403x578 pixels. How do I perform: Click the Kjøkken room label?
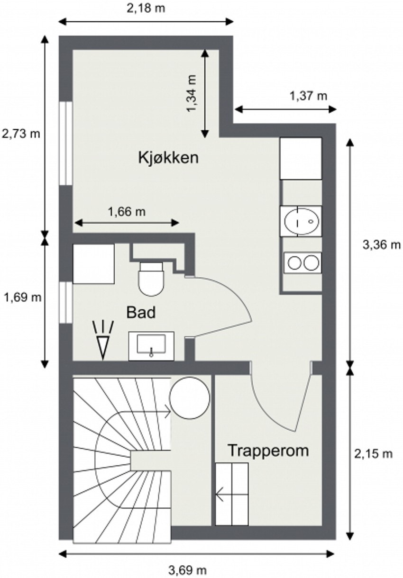click(168, 157)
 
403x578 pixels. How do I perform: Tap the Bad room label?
click(141, 312)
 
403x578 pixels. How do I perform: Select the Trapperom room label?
click(268, 450)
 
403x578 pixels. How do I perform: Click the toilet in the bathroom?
click(151, 279)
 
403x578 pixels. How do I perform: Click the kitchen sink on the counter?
click(301, 221)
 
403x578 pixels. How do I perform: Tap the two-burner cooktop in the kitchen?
click(302, 262)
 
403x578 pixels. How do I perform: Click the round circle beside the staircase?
click(190, 398)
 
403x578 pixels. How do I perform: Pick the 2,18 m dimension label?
click(146, 9)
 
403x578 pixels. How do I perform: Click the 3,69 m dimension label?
click(188, 569)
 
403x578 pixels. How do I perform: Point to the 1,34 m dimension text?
click(192, 94)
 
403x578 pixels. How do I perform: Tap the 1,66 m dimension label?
click(127, 212)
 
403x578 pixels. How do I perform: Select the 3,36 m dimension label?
click(382, 244)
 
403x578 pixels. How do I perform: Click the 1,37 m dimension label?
click(308, 96)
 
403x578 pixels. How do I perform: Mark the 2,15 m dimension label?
click(374, 453)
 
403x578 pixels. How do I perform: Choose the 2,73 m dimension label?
click(21, 134)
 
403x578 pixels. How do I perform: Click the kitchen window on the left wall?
click(65, 142)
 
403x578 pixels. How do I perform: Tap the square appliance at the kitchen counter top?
click(301, 158)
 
